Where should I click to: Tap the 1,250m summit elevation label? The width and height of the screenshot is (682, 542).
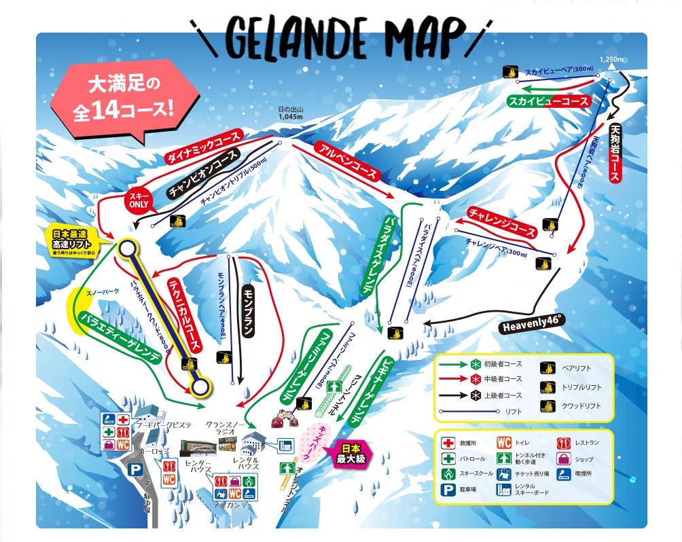coord(611,60)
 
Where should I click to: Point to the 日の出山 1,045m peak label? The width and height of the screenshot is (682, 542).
coord(290,113)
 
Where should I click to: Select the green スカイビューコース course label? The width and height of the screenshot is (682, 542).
coord(548,101)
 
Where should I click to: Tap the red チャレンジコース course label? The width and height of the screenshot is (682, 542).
coord(501,222)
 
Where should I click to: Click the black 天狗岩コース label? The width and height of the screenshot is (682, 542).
coord(615,153)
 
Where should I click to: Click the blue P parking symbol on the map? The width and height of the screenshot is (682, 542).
coord(136,469)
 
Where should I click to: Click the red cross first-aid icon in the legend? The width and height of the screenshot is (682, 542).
coord(449,442)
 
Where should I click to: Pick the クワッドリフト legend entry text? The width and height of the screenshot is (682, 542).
coord(581,406)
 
